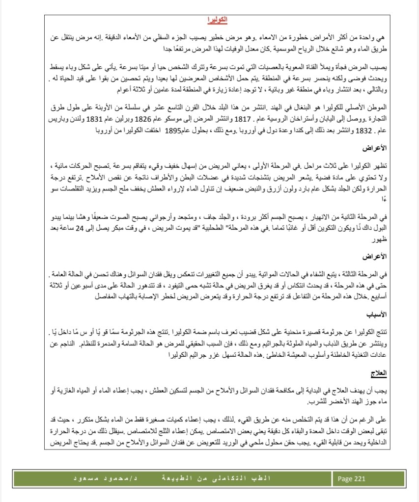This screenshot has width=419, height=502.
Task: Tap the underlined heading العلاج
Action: tap(379, 373)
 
